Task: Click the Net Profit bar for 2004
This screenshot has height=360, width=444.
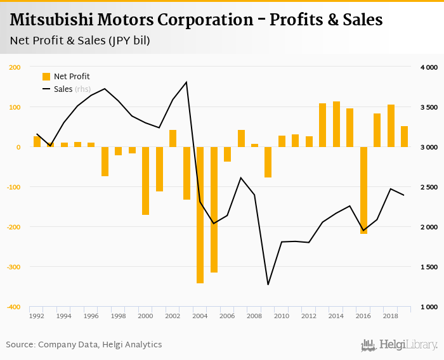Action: (x=200, y=215)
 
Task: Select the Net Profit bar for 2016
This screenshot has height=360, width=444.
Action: (x=363, y=190)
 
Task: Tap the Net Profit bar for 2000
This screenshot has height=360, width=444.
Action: (x=146, y=181)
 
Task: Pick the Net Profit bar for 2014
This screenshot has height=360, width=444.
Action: (x=336, y=124)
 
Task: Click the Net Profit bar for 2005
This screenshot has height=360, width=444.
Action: (x=214, y=210)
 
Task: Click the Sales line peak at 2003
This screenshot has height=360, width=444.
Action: (x=186, y=82)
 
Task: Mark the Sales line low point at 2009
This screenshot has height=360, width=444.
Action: (x=268, y=285)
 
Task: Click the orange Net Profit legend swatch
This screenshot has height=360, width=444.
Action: (x=46, y=77)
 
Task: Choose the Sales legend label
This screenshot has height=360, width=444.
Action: (x=63, y=89)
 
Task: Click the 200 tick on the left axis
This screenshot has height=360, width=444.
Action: (x=15, y=67)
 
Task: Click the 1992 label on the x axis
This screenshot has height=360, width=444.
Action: (x=37, y=315)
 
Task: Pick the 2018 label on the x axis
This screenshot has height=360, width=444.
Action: (x=391, y=315)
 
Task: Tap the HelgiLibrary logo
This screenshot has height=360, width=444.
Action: (x=399, y=345)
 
